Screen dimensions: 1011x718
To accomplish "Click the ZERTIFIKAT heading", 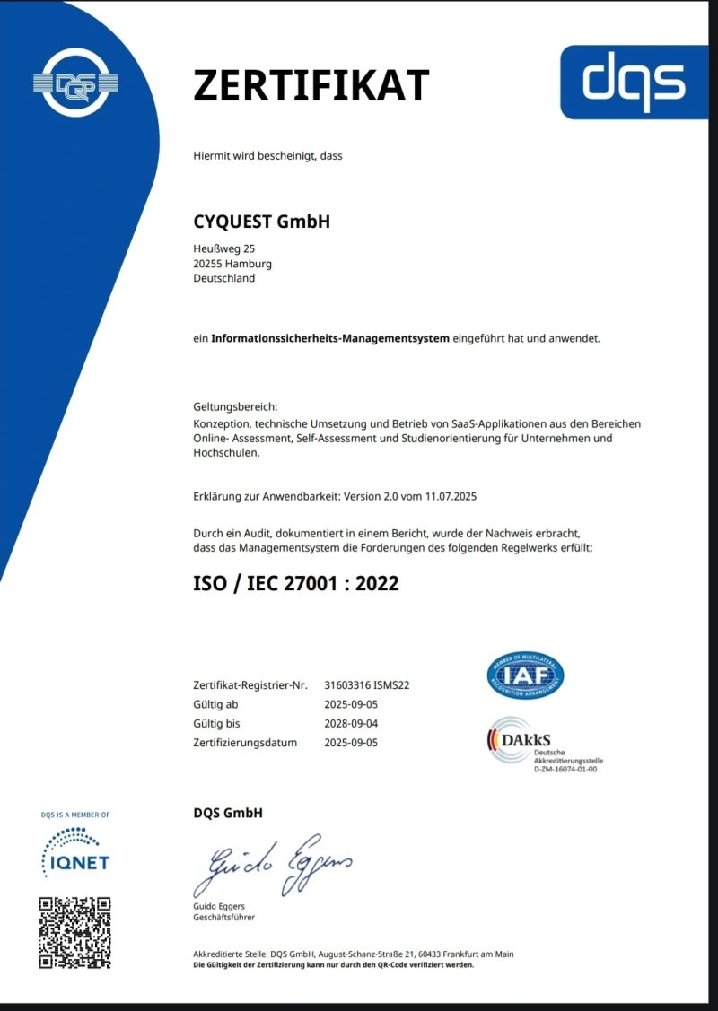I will click(311, 85).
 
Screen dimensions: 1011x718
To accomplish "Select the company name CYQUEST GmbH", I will click(261, 221).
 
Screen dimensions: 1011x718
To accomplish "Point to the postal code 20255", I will click(208, 264).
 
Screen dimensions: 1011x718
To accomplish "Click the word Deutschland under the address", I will click(223, 278).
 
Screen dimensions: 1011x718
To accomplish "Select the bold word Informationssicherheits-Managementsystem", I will click(329, 339).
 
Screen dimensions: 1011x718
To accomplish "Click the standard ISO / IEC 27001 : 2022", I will click(295, 583).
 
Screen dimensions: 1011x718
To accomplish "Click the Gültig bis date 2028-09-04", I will click(351, 723).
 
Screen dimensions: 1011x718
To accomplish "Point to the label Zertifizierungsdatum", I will click(245, 743).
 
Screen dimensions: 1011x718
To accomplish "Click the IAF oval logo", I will click(525, 675).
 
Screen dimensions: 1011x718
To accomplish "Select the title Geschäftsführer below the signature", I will click(223, 918).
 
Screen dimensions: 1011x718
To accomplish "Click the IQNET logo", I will click(75, 852).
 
